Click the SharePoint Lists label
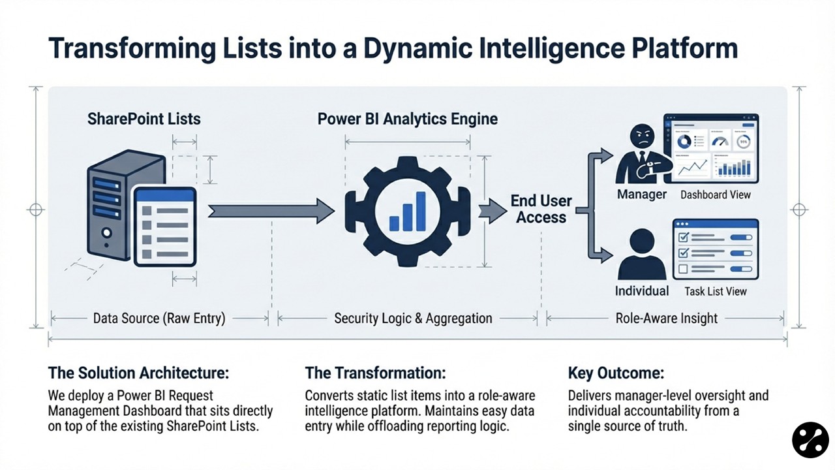pos(144,119)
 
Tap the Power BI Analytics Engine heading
pos(408,119)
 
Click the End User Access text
pos(541,209)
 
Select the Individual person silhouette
pos(641,254)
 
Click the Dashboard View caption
pos(716,195)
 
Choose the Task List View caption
pos(716,291)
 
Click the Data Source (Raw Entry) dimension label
pos(159,319)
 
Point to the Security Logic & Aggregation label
pos(413,319)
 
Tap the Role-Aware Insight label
pos(666,319)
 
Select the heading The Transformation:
pos(376,373)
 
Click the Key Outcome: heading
pos(616,373)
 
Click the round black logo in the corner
pos(810,440)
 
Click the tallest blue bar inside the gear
pos(421,211)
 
